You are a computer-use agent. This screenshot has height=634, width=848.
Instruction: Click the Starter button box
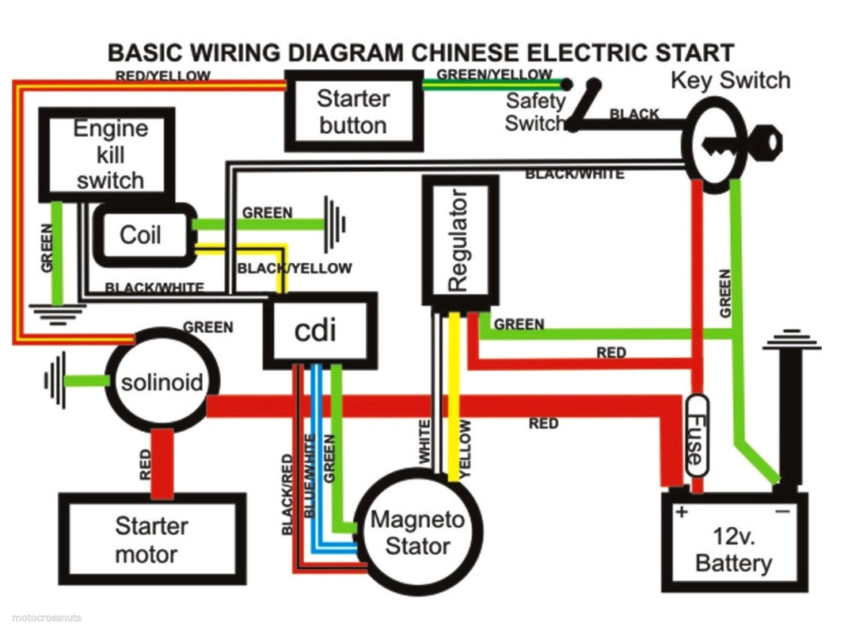tap(352, 112)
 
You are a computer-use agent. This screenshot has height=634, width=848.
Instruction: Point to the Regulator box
tap(460, 241)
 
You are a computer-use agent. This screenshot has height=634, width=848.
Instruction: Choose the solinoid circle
tap(161, 383)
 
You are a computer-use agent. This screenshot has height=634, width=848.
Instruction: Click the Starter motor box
tap(151, 540)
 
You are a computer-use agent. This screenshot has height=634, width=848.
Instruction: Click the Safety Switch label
tap(535, 112)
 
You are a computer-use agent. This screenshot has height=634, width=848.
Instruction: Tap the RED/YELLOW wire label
tap(162, 76)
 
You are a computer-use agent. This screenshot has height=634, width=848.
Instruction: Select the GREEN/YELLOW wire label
tap(494, 74)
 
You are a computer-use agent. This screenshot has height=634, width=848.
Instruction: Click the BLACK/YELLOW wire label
tap(295, 268)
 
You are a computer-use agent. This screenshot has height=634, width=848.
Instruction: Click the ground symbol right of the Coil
tap(336, 223)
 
